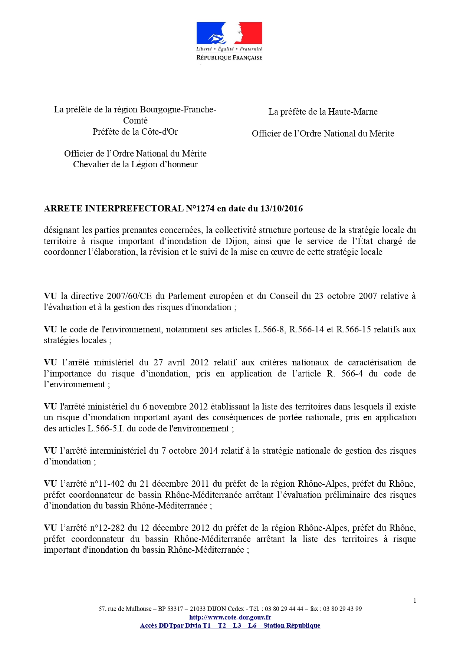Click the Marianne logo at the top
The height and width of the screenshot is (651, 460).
click(x=229, y=33)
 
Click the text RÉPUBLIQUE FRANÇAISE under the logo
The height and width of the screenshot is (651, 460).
click(x=229, y=57)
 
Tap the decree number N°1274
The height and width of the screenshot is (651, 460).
click(x=200, y=208)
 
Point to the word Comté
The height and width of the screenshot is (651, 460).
click(x=135, y=121)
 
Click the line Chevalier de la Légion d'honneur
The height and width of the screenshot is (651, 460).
click(x=135, y=164)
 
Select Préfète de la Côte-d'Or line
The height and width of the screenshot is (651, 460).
click(x=135, y=132)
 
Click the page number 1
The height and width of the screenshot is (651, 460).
click(x=415, y=601)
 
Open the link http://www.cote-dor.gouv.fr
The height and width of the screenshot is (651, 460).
click(x=230, y=617)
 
